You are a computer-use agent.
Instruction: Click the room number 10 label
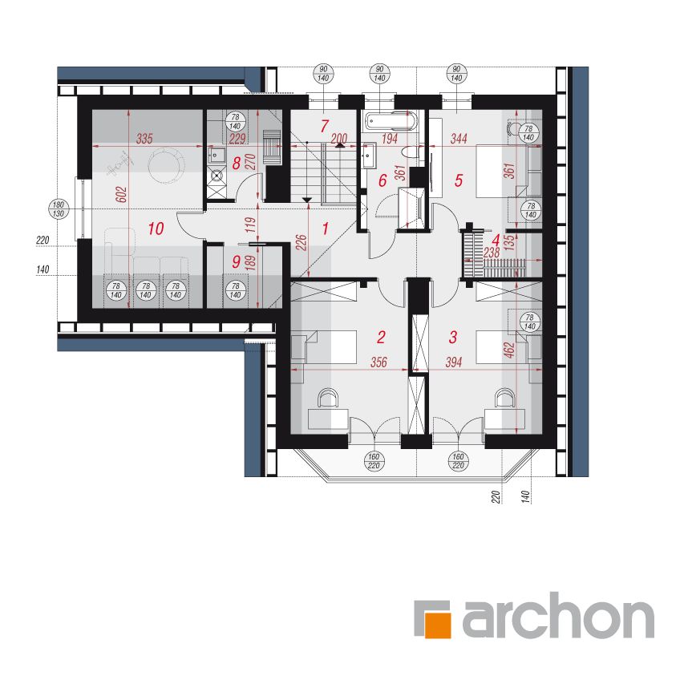tap(156, 229)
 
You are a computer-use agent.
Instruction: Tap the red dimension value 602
tap(123, 195)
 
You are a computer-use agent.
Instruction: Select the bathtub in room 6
tap(391, 121)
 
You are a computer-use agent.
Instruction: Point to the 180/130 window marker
tap(59, 209)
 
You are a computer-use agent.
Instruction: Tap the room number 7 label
tap(324, 127)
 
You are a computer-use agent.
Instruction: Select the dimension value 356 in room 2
tap(378, 362)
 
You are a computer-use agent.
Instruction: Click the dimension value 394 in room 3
tap(454, 362)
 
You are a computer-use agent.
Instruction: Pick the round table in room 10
tap(166, 164)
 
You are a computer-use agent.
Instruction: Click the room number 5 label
tap(459, 180)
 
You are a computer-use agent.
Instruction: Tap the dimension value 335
tap(144, 140)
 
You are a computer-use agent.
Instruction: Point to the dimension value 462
tap(510, 350)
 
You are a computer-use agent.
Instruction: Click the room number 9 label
tap(237, 261)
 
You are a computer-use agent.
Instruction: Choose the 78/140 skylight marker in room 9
tap(236, 290)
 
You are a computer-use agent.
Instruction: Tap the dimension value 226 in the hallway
tap(302, 243)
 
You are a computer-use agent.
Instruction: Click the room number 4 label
tap(496, 240)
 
